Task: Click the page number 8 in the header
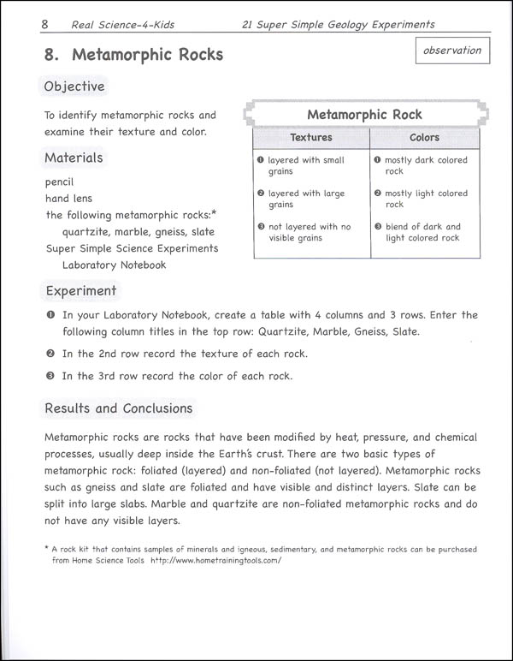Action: click(44, 25)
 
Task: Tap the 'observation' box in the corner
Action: click(452, 51)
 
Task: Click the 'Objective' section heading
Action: click(74, 86)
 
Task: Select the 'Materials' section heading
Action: click(74, 158)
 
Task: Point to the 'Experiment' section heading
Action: click(80, 291)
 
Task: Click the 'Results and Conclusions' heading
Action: click(119, 408)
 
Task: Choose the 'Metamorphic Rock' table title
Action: click(364, 115)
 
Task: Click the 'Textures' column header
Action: click(311, 137)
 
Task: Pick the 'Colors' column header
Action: click(424, 137)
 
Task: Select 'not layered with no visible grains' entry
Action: click(309, 232)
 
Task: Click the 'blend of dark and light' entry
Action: click(422, 232)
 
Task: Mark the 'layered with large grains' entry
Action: click(306, 199)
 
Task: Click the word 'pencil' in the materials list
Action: click(60, 182)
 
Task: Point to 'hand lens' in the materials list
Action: click(69, 199)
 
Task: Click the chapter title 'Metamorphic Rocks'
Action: click(147, 55)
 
